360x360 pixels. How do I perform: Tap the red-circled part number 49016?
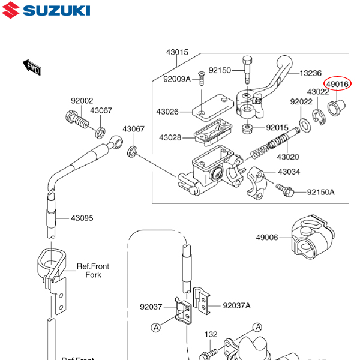click(x=337, y=85)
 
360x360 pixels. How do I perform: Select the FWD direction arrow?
click(x=32, y=67)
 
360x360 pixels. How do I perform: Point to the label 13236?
click(x=311, y=73)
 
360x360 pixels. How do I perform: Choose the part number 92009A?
click(x=176, y=79)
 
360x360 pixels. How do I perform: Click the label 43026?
click(x=168, y=112)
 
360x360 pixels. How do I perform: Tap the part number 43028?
click(x=170, y=138)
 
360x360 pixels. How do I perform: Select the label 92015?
click(x=278, y=128)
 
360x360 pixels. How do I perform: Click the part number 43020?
click(x=288, y=157)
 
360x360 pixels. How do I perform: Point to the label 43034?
click(x=289, y=172)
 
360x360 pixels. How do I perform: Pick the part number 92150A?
click(x=321, y=193)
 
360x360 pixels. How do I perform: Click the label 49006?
click(x=267, y=238)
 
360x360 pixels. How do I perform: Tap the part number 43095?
click(x=82, y=218)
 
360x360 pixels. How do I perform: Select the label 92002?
click(x=82, y=101)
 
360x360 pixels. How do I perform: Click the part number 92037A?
click(x=236, y=305)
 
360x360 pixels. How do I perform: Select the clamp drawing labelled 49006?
click(x=310, y=240)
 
